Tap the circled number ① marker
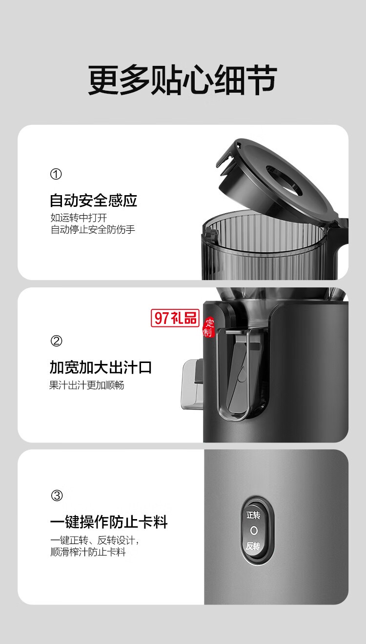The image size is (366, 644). (56, 174)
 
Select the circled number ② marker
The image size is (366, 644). (56, 341)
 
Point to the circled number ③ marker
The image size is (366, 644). (57, 496)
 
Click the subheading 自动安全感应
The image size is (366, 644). (93, 200)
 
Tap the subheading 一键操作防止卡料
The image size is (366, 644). (109, 523)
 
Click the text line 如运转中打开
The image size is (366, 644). (79, 218)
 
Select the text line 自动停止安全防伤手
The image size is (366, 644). (93, 229)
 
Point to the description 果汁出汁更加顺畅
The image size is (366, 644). (87, 385)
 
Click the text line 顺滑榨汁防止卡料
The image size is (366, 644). (88, 552)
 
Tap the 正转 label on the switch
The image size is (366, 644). (253, 515)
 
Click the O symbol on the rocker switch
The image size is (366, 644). (253, 530)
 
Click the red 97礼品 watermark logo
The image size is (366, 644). (176, 318)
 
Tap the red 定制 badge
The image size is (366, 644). (209, 327)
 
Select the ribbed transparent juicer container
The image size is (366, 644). (268, 244)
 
